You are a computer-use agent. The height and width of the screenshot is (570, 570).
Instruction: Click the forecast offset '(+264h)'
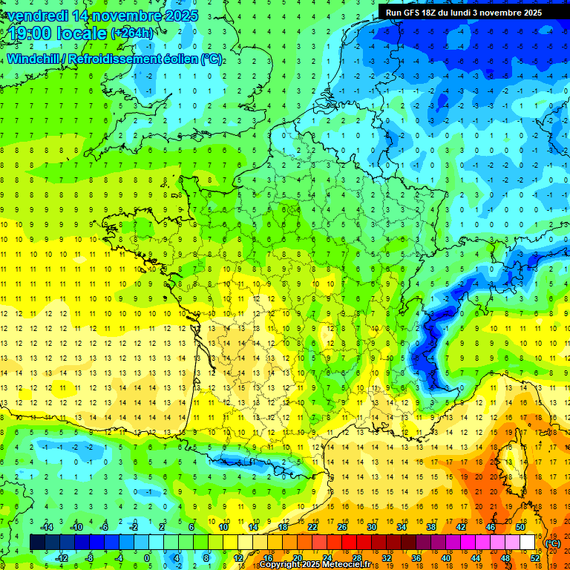pyautogui.click(x=133, y=33)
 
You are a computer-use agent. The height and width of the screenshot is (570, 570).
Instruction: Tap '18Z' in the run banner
pyautogui.click(x=436, y=13)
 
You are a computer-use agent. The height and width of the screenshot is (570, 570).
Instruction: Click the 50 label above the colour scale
pyautogui.click(x=520, y=527)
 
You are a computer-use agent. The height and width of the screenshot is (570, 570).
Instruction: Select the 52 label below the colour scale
pyautogui.click(x=535, y=558)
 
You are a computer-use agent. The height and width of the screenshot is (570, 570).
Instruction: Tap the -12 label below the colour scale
pyautogui.click(x=61, y=558)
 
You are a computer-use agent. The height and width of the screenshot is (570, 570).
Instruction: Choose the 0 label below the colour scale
pyautogui.click(x=146, y=558)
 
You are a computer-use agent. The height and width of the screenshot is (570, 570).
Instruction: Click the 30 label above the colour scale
pyautogui.click(x=372, y=527)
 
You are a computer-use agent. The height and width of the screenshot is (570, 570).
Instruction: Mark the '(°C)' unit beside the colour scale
pyautogui.click(x=553, y=543)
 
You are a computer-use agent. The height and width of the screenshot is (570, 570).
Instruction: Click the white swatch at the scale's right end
pyautogui.click(x=528, y=543)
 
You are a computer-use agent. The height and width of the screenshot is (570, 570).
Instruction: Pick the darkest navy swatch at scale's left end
pyautogui.click(x=37, y=543)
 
